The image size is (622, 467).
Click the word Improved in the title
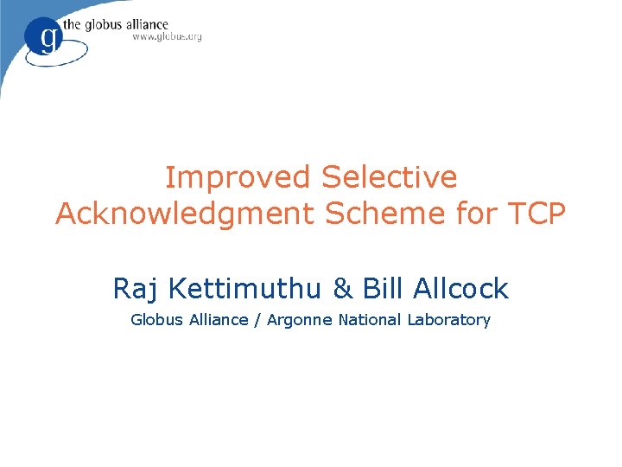(238, 177)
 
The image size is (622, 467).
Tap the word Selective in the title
(389, 177)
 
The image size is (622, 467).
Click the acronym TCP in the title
(537, 213)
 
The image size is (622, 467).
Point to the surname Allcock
(460, 288)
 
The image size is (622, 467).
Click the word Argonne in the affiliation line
(300, 321)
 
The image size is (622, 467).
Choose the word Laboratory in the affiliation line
(448, 321)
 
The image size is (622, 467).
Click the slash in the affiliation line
(257, 321)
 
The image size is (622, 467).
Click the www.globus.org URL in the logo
(168, 38)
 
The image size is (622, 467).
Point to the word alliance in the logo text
(142, 24)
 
